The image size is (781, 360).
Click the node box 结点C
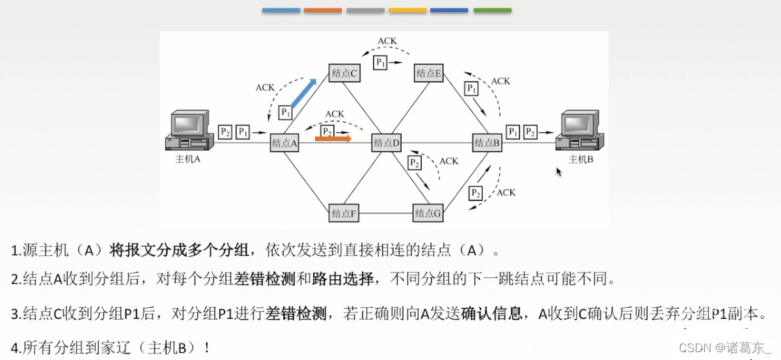click(345, 73)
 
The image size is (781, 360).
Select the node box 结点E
click(429, 73)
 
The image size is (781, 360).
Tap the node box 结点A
click(284, 143)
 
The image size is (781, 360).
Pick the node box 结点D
click(387, 143)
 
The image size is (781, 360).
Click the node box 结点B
click(487, 143)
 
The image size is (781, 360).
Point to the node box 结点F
click(345, 212)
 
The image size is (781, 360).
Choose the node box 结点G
click(428, 212)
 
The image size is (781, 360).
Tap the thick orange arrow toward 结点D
click(333, 138)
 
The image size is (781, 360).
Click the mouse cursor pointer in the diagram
click(558, 172)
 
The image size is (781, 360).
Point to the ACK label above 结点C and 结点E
click(387, 41)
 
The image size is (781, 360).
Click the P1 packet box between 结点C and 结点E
click(381, 62)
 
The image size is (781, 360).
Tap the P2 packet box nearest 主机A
click(225, 132)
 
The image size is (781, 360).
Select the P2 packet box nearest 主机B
click(531, 132)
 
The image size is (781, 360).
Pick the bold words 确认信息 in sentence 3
click(493, 314)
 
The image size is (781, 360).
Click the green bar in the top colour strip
click(492, 10)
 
